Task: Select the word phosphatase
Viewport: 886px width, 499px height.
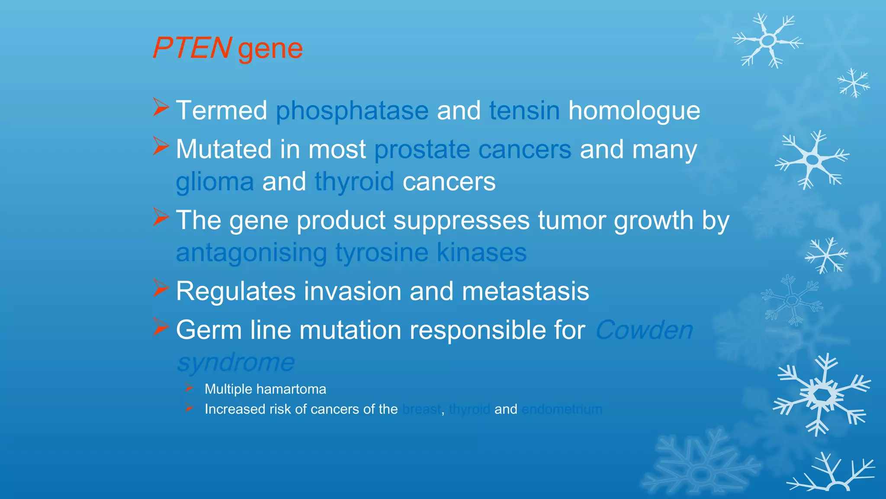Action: point(352,111)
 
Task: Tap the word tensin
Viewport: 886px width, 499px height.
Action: point(524,110)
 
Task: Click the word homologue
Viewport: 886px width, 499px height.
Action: point(634,111)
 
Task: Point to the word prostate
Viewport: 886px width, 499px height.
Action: point(422,150)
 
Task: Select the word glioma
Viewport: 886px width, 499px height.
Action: point(215,182)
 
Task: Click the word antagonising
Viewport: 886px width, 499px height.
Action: point(251,253)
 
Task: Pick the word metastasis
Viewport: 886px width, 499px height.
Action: point(525,291)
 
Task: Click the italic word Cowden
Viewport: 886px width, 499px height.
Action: point(644,330)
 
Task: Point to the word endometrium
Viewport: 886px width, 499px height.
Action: point(562,409)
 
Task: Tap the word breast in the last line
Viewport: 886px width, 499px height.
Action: point(421,409)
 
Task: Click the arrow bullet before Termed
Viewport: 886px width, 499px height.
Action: point(161,107)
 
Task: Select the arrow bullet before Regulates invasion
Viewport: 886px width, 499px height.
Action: point(161,288)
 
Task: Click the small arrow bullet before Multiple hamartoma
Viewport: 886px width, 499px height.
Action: point(189,387)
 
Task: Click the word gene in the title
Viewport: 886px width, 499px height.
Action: point(270,49)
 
